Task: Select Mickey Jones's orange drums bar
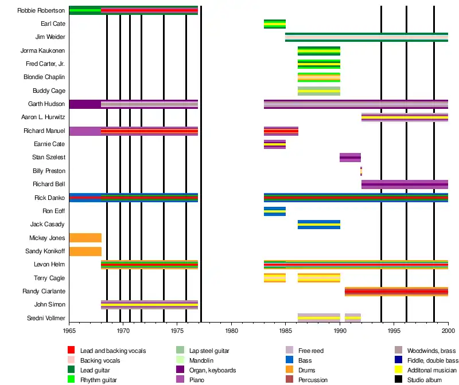click(85, 238)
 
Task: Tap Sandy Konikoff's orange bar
click(85, 252)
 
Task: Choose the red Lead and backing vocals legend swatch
click(71, 351)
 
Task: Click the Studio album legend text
click(425, 380)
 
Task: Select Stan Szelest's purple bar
click(350, 158)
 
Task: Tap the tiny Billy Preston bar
click(361, 171)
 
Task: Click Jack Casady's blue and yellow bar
click(318, 225)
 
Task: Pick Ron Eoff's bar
click(275, 211)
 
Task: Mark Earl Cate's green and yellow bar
click(275, 23)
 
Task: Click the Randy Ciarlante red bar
click(396, 292)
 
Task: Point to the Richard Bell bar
click(404, 184)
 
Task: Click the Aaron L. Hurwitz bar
click(404, 117)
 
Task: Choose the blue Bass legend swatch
click(290, 360)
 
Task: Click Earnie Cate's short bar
click(275, 144)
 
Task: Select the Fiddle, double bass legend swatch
click(399, 360)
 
